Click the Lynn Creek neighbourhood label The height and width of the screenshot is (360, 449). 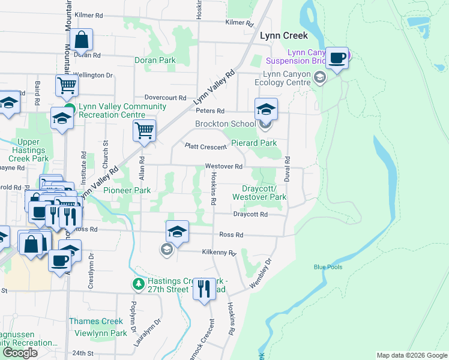[283, 35]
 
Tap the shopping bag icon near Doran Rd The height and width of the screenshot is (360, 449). [81, 40]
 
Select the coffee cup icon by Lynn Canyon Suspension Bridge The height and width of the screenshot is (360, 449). [337, 58]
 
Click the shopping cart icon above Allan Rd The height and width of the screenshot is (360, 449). [144, 130]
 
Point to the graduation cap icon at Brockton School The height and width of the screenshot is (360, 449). [266, 109]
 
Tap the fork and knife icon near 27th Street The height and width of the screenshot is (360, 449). [205, 289]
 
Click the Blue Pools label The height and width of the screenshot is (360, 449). [327, 267]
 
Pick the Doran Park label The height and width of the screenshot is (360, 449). [155, 61]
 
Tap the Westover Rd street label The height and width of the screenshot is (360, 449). [223, 166]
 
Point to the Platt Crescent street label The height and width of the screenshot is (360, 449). [205, 146]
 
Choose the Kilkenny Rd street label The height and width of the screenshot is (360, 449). [219, 253]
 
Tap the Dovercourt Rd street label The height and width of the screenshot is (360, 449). [166, 97]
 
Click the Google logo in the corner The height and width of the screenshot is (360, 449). [20, 353]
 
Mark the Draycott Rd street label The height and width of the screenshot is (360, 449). [250, 214]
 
